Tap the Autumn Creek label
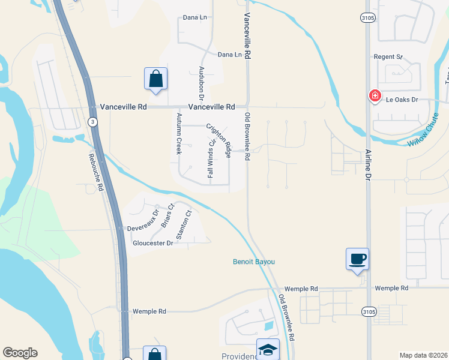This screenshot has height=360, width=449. tap(179, 133)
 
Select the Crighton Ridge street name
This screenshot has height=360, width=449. tap(220, 140)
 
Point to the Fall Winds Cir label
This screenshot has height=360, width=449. tap(211, 158)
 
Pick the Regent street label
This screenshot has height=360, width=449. tap(388, 57)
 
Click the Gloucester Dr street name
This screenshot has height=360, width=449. tap(152, 243)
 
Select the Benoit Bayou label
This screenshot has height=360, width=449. tap(254, 262)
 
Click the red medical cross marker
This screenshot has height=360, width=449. tap(375, 95)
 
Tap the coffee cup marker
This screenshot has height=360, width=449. tap(357, 259)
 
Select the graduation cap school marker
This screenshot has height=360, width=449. tap(268, 349)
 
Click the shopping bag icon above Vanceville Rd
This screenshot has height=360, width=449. tap(155, 78)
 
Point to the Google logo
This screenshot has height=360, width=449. tap(20, 353)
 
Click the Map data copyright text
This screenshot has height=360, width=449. tap(423, 355)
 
